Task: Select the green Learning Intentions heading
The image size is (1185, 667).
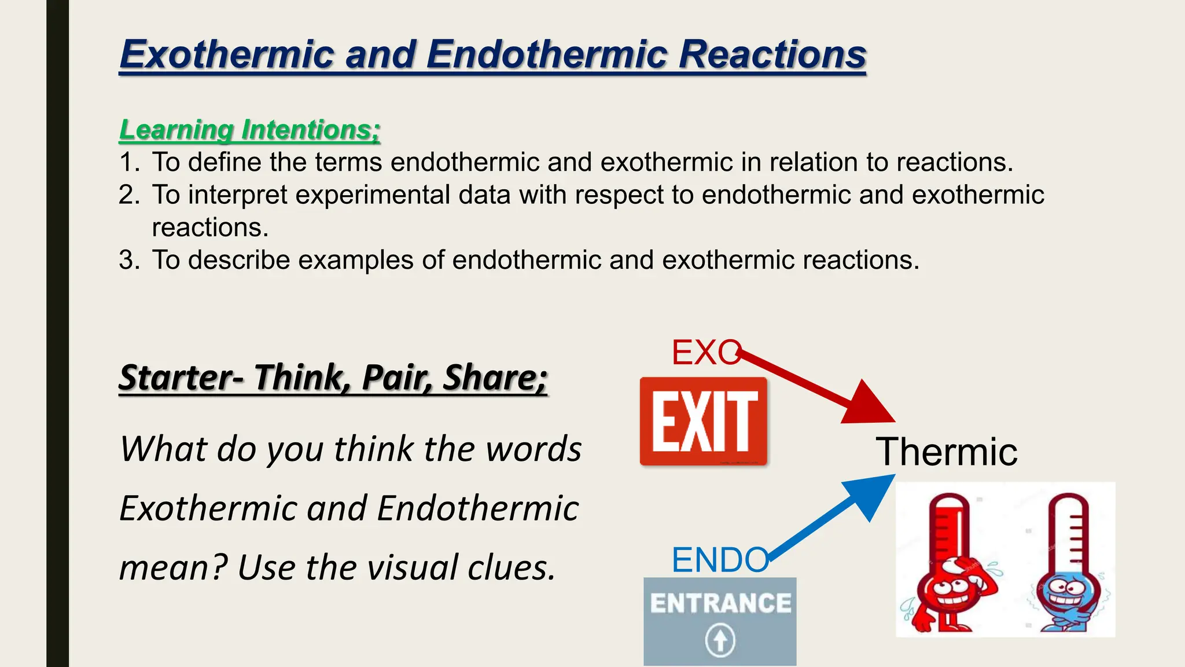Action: (249, 129)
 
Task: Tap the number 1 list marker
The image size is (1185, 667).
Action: (128, 162)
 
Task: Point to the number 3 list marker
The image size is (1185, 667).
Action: (128, 260)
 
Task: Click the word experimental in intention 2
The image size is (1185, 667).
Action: (373, 195)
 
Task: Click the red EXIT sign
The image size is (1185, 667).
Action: (704, 421)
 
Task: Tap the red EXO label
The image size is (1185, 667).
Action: (705, 352)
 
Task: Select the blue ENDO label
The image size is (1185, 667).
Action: (719, 560)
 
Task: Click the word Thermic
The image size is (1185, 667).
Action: (947, 452)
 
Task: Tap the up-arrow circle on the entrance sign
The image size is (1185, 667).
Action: (720, 640)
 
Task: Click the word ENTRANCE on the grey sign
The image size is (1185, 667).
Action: (720, 603)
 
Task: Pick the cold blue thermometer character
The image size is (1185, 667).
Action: (1066, 562)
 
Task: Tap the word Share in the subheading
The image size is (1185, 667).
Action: (494, 378)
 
